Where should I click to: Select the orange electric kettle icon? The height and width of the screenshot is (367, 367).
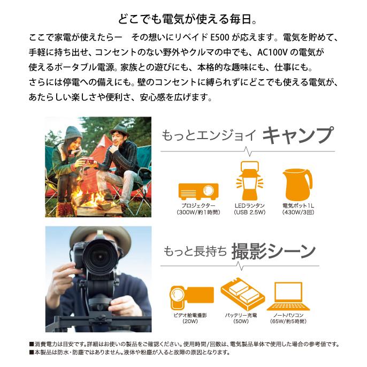(x=297, y=185)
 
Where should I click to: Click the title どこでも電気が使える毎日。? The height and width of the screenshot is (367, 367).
(x=183, y=21)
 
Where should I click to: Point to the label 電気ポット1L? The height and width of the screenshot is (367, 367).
(x=297, y=206)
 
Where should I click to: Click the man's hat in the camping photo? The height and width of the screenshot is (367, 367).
(x=118, y=130)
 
